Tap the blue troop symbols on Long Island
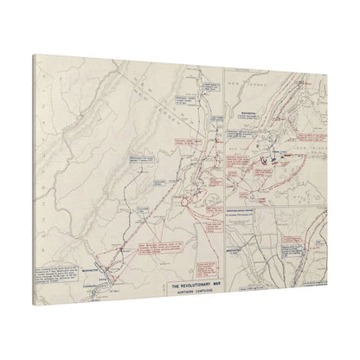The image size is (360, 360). pos(276,157)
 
